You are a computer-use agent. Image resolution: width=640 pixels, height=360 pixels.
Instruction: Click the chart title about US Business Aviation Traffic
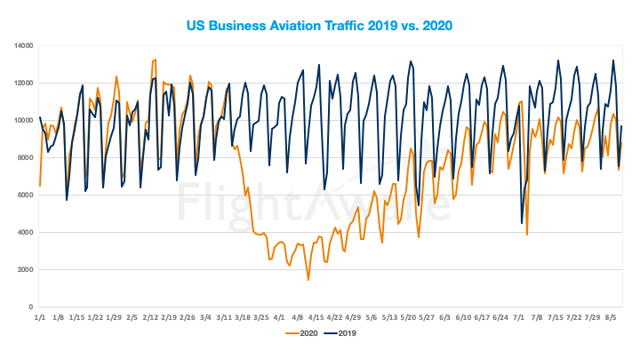coord(320,24)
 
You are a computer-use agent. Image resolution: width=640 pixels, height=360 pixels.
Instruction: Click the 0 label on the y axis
coord(30,307)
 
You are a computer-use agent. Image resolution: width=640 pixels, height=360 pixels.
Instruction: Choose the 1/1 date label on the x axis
coord(40,316)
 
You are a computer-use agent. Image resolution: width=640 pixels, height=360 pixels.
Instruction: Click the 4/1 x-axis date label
coord(280,316)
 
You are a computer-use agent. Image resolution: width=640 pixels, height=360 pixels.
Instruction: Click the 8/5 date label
coord(612,316)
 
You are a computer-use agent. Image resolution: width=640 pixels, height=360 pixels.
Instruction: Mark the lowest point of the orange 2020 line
coord(308,280)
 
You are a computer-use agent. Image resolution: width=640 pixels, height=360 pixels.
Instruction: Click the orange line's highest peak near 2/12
coord(156,60)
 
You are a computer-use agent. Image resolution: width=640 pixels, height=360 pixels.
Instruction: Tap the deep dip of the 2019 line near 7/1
coord(522,223)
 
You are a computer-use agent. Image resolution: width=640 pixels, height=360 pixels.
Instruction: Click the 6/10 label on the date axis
coord(464,316)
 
